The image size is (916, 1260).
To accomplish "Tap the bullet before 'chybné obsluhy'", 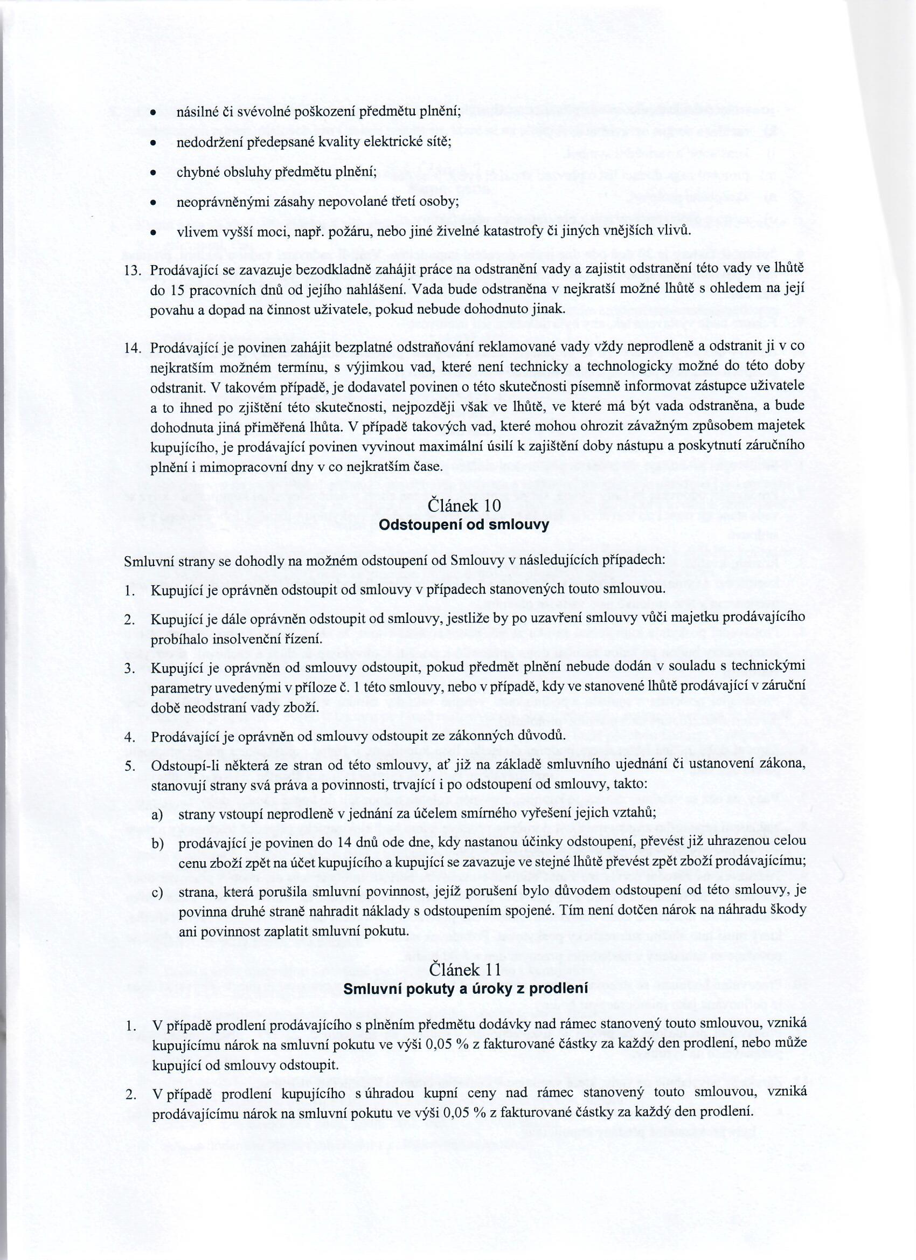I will click(152, 173).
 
